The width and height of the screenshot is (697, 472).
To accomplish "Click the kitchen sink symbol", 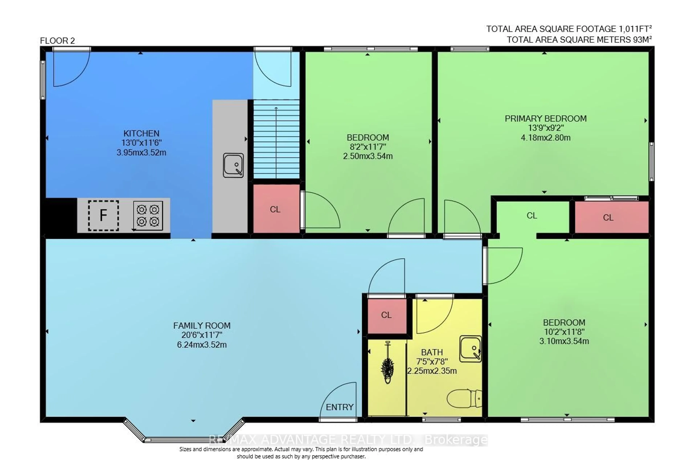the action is click(233, 165).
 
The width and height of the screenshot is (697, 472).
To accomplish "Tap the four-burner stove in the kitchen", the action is click(148, 216).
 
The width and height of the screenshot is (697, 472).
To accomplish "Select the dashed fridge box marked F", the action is click(103, 216).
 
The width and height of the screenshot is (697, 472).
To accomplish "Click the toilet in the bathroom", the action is click(464, 398).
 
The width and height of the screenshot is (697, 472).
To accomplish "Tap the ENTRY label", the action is click(339, 407).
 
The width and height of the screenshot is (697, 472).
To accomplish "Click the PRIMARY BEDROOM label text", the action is click(546, 119).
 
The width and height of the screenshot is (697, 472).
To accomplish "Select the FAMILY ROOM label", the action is click(202, 326).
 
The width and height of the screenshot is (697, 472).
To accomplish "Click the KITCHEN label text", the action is click(141, 133).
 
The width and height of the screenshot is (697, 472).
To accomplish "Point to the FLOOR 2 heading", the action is click(57, 41).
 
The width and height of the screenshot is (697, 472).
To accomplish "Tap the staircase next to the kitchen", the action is click(276, 139).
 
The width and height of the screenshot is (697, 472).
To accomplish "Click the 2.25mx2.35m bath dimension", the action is click(432, 371).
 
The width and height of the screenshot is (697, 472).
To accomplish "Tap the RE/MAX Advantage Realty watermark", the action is click(348, 440).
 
